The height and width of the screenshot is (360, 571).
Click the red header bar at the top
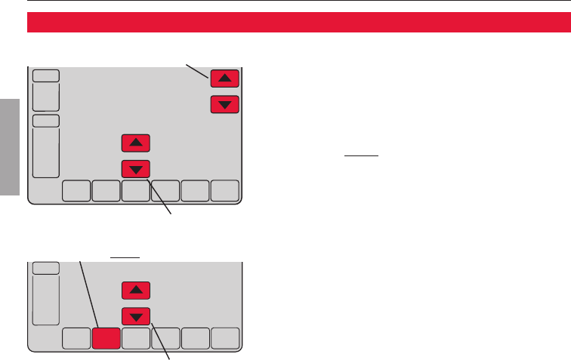coord(299,23)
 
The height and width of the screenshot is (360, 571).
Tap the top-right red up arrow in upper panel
coord(225,78)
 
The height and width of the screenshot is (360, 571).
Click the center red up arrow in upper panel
coord(135,143)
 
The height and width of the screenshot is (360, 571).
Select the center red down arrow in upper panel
coord(135,168)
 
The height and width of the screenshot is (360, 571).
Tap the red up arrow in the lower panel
coord(135,290)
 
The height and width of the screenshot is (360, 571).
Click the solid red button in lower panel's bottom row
coord(105,339)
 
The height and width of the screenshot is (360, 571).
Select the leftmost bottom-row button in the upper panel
coord(76,191)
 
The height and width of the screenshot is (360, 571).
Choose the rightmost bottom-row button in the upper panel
coord(224,191)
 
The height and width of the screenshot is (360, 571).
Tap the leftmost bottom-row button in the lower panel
coord(76,339)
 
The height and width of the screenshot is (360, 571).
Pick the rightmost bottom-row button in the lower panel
coord(224,339)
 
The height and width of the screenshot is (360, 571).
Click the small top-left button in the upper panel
coord(46,75)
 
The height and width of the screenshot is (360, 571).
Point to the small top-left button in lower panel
coord(46,268)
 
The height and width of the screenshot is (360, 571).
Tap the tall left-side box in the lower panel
coord(46,300)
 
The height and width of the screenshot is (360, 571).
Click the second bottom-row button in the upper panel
coord(105,191)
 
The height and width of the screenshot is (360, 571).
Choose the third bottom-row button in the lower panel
coord(135,339)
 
